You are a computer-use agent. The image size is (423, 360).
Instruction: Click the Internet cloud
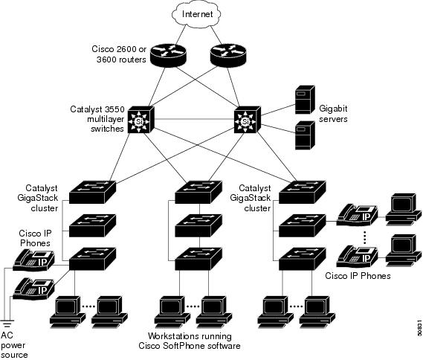click(x=197, y=14)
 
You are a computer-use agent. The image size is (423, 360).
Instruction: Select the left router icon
click(x=168, y=55)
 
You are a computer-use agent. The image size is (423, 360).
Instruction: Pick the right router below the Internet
click(x=228, y=55)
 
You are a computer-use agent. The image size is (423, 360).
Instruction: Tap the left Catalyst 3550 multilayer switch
click(x=141, y=120)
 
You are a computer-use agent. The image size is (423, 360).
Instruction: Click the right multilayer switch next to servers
click(x=248, y=120)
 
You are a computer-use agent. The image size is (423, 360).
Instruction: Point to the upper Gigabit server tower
click(x=305, y=100)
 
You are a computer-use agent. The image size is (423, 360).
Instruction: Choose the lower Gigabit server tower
click(x=305, y=135)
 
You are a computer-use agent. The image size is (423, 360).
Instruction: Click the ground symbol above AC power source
click(x=7, y=324)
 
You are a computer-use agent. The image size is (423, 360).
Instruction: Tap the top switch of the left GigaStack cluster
click(x=92, y=192)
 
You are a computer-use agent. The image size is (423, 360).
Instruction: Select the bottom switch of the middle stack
click(x=198, y=259)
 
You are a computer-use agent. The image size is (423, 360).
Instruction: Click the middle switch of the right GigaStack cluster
click(x=302, y=225)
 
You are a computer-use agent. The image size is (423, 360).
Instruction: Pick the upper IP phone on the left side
click(x=34, y=260)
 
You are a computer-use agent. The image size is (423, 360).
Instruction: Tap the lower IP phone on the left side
click(x=34, y=289)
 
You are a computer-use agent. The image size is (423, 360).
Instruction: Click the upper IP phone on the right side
click(x=357, y=215)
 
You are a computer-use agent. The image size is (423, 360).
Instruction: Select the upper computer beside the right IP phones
click(x=404, y=210)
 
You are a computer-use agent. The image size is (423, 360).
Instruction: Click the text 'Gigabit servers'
click(x=333, y=114)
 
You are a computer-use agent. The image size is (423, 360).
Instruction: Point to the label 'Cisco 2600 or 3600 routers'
click(x=119, y=54)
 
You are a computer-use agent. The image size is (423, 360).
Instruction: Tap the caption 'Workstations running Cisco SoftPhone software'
click(x=190, y=341)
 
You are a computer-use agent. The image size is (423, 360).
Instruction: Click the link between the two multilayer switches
click(x=194, y=119)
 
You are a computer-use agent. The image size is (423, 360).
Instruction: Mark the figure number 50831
click(x=419, y=328)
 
